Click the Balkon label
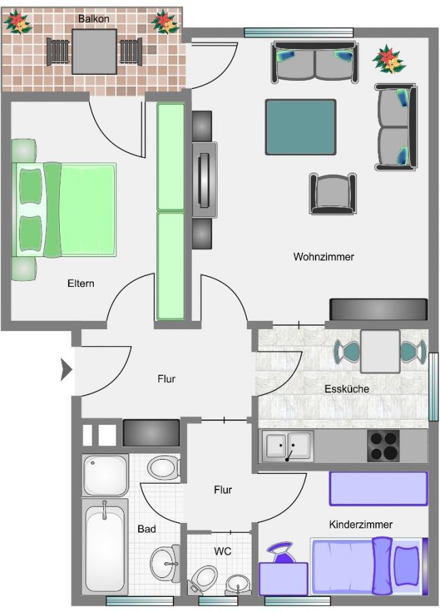pyautogui.click(x=93, y=18)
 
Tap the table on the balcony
pyautogui.click(x=94, y=52)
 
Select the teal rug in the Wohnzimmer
pyautogui.click(x=301, y=127)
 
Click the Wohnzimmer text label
pyautogui.click(x=324, y=257)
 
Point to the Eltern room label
pyautogui.click(x=81, y=284)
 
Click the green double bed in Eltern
pyautogui.click(x=65, y=209)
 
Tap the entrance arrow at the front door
pyautogui.click(x=67, y=369)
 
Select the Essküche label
pyautogui.click(x=347, y=389)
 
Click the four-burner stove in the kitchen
pyautogui.click(x=383, y=445)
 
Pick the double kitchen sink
pyautogui.click(x=288, y=445)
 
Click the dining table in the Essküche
pyautogui.click(x=380, y=352)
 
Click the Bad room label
pyautogui.click(x=147, y=529)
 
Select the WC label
pyautogui.click(x=222, y=551)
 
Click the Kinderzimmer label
pyautogui.click(x=360, y=524)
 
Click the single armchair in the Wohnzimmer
pyautogui.click(x=333, y=194)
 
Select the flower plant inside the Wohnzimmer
pyautogui.click(x=388, y=59)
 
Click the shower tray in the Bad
pyautogui.click(x=105, y=475)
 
